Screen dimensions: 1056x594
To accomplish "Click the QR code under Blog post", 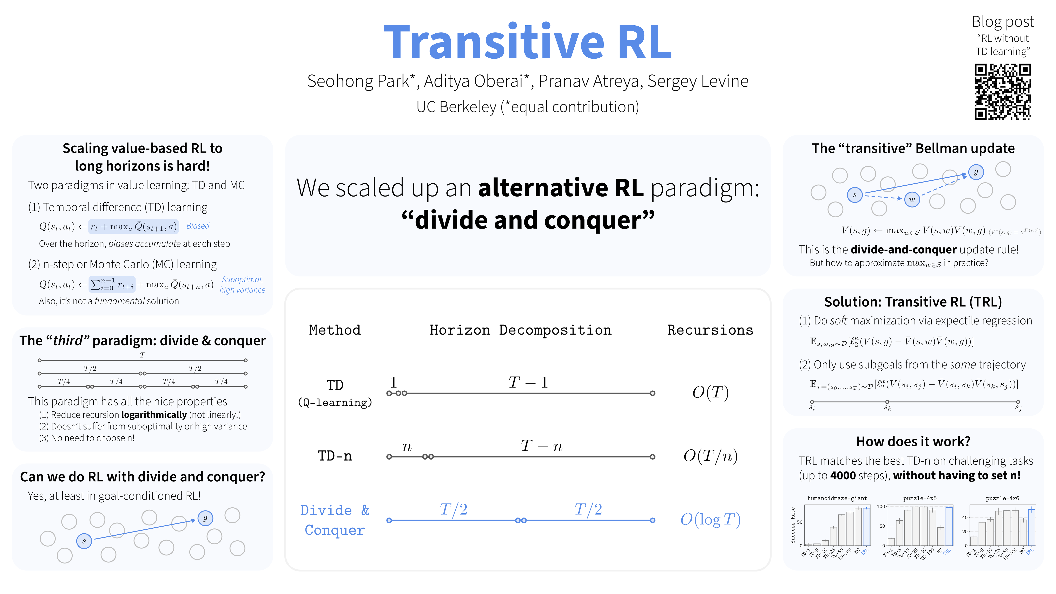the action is pos(1003,92).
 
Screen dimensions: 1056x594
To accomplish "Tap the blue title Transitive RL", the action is pos(528,42).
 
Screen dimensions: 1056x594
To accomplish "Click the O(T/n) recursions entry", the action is pos(710,456).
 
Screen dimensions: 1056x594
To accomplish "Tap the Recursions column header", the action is pos(710,330).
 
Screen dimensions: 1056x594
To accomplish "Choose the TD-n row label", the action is pos(335,456).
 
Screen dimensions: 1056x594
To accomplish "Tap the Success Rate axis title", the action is pos(793,525).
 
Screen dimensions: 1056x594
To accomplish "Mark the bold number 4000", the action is pos(843,476).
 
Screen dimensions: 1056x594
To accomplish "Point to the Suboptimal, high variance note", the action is pos(242,284).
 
